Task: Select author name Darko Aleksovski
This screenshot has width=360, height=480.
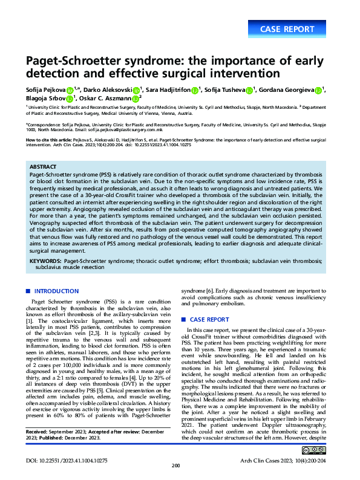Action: point(107,90)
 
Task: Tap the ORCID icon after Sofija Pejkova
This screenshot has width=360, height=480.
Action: point(70,91)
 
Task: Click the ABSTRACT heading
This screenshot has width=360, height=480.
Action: point(44,166)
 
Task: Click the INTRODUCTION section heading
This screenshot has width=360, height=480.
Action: point(56,291)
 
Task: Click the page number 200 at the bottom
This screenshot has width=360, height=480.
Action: point(177,465)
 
